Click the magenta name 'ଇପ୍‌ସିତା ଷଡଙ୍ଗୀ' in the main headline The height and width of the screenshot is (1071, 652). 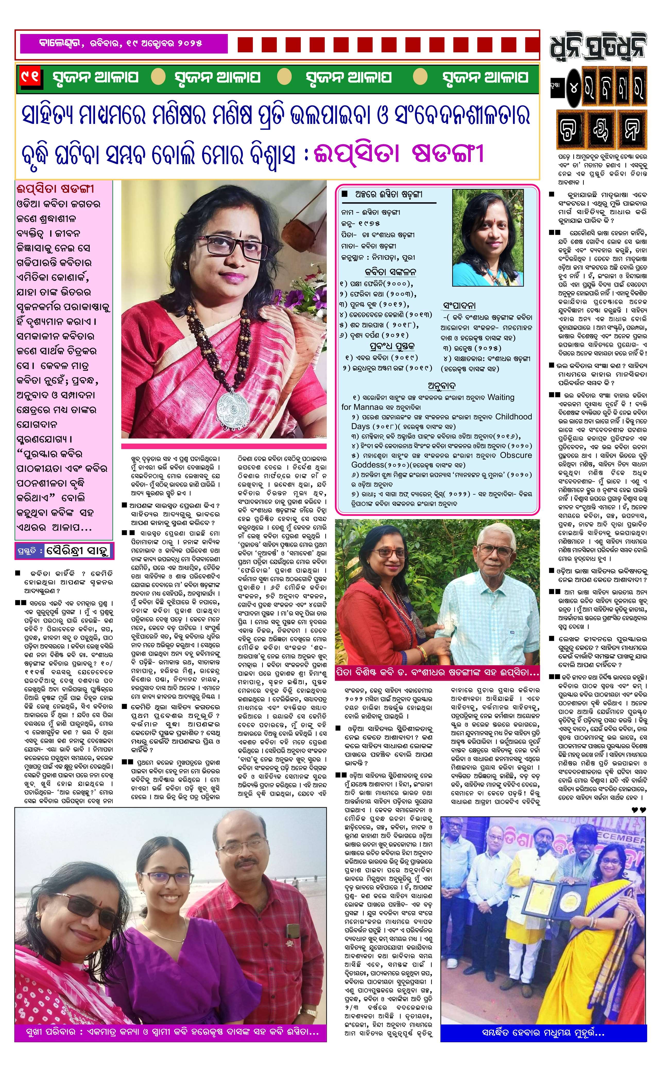tap(400, 154)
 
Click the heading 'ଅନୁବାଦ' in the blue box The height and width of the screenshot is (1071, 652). tap(441, 385)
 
